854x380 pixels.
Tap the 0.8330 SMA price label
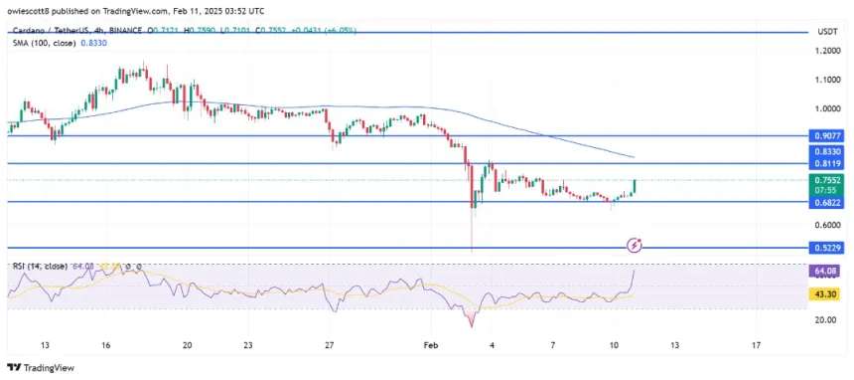pos(826,151)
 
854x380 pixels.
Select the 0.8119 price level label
pos(826,164)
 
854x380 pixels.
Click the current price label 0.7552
pos(826,181)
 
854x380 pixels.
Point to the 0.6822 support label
pos(826,202)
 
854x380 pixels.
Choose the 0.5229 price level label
pos(826,248)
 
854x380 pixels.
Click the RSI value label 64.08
pos(826,270)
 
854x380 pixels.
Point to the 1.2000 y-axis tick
pos(825,51)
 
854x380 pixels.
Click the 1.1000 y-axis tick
pos(825,80)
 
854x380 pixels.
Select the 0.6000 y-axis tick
pos(825,225)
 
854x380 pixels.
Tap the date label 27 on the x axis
pos(329,344)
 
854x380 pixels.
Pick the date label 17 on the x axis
pos(757,344)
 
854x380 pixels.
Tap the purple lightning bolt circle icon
pos(636,244)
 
